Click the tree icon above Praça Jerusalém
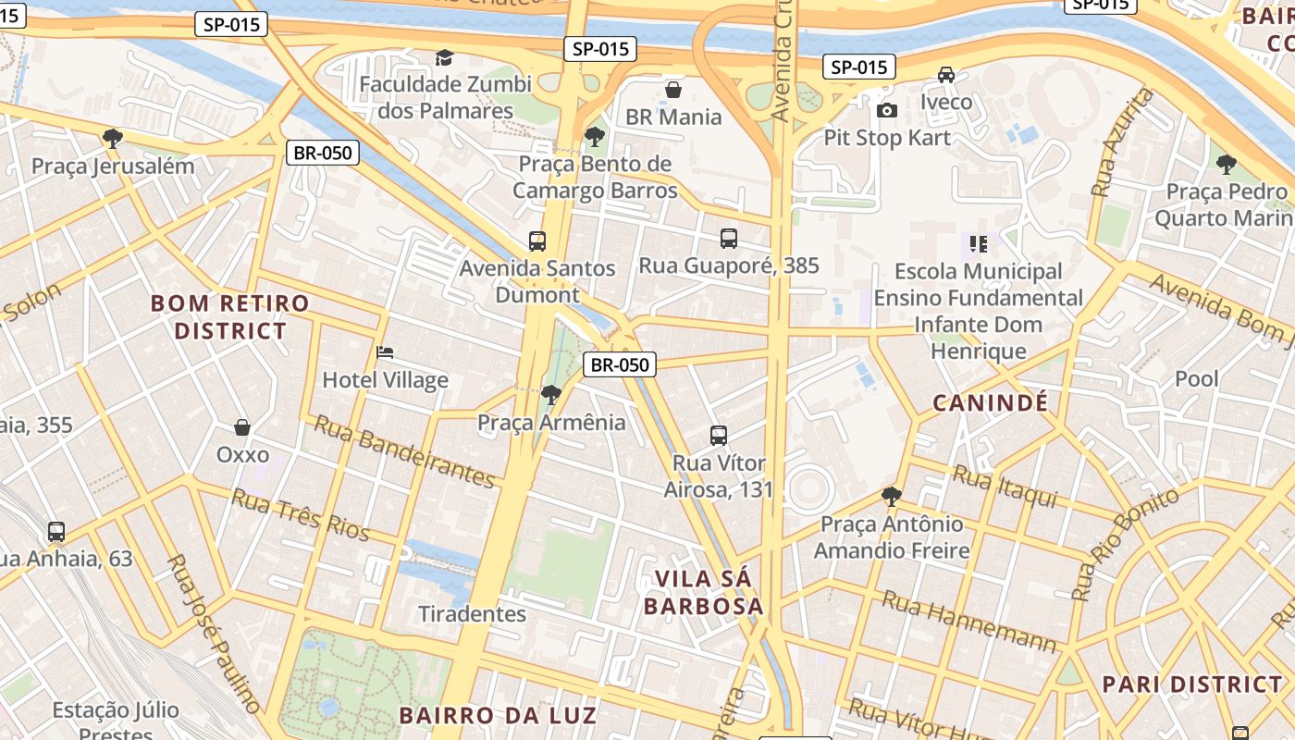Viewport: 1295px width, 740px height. click(113, 139)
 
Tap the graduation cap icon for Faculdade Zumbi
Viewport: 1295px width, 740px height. click(445, 58)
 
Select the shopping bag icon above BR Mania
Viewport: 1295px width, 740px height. click(673, 90)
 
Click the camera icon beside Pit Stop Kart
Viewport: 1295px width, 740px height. click(886, 111)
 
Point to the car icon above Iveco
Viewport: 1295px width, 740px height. click(946, 75)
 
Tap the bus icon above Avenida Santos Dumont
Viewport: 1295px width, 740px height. click(537, 241)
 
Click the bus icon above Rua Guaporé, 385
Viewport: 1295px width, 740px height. click(729, 239)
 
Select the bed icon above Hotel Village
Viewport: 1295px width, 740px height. click(385, 352)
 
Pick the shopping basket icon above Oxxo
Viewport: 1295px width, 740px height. click(242, 427)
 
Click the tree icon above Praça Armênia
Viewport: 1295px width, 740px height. click(551, 395)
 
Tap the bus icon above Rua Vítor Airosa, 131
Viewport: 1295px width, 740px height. click(719, 435)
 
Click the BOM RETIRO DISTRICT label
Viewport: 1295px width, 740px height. click(230, 316)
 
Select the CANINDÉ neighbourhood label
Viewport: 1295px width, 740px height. click(990, 402)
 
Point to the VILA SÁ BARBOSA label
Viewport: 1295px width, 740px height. click(703, 592)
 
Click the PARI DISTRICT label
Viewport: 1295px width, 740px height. click(1191, 684)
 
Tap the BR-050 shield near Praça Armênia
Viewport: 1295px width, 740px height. click(620, 364)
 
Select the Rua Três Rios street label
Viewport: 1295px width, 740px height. click(300, 515)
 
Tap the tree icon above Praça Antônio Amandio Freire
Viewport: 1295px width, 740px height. click(892, 497)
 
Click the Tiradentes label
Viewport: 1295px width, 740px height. click(472, 614)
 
